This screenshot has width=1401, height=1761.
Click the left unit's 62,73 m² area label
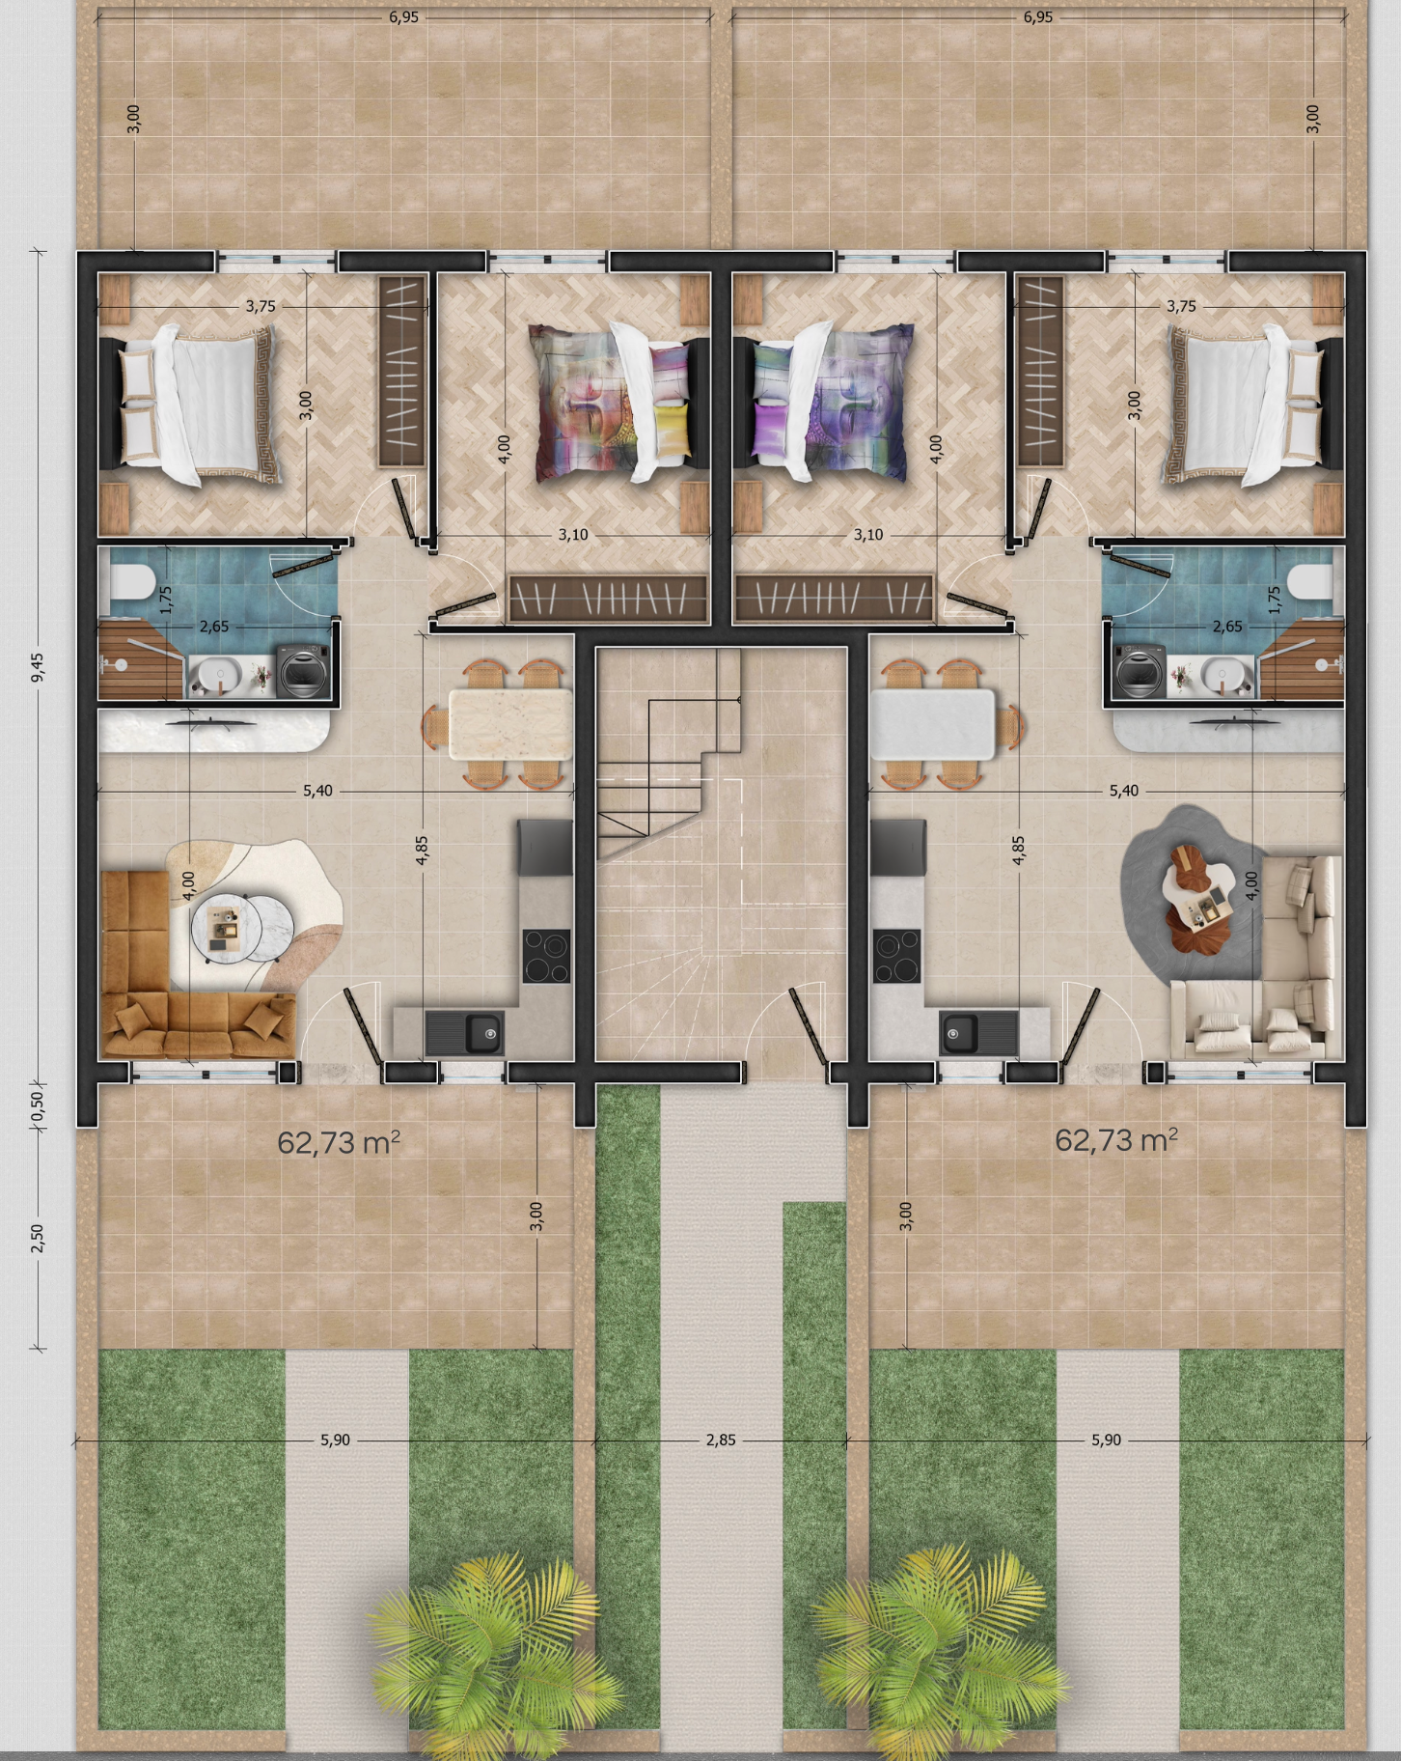(x=339, y=1142)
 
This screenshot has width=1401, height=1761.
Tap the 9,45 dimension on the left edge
(x=38, y=667)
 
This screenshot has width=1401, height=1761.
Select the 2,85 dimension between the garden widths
(x=721, y=1440)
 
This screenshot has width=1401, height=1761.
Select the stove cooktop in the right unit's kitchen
(x=896, y=955)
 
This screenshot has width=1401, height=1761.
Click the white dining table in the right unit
(x=933, y=723)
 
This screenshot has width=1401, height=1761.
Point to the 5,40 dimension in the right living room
(x=1123, y=790)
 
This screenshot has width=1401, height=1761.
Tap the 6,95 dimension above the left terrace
(x=403, y=16)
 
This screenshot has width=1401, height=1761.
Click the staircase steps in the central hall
(x=670, y=753)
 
